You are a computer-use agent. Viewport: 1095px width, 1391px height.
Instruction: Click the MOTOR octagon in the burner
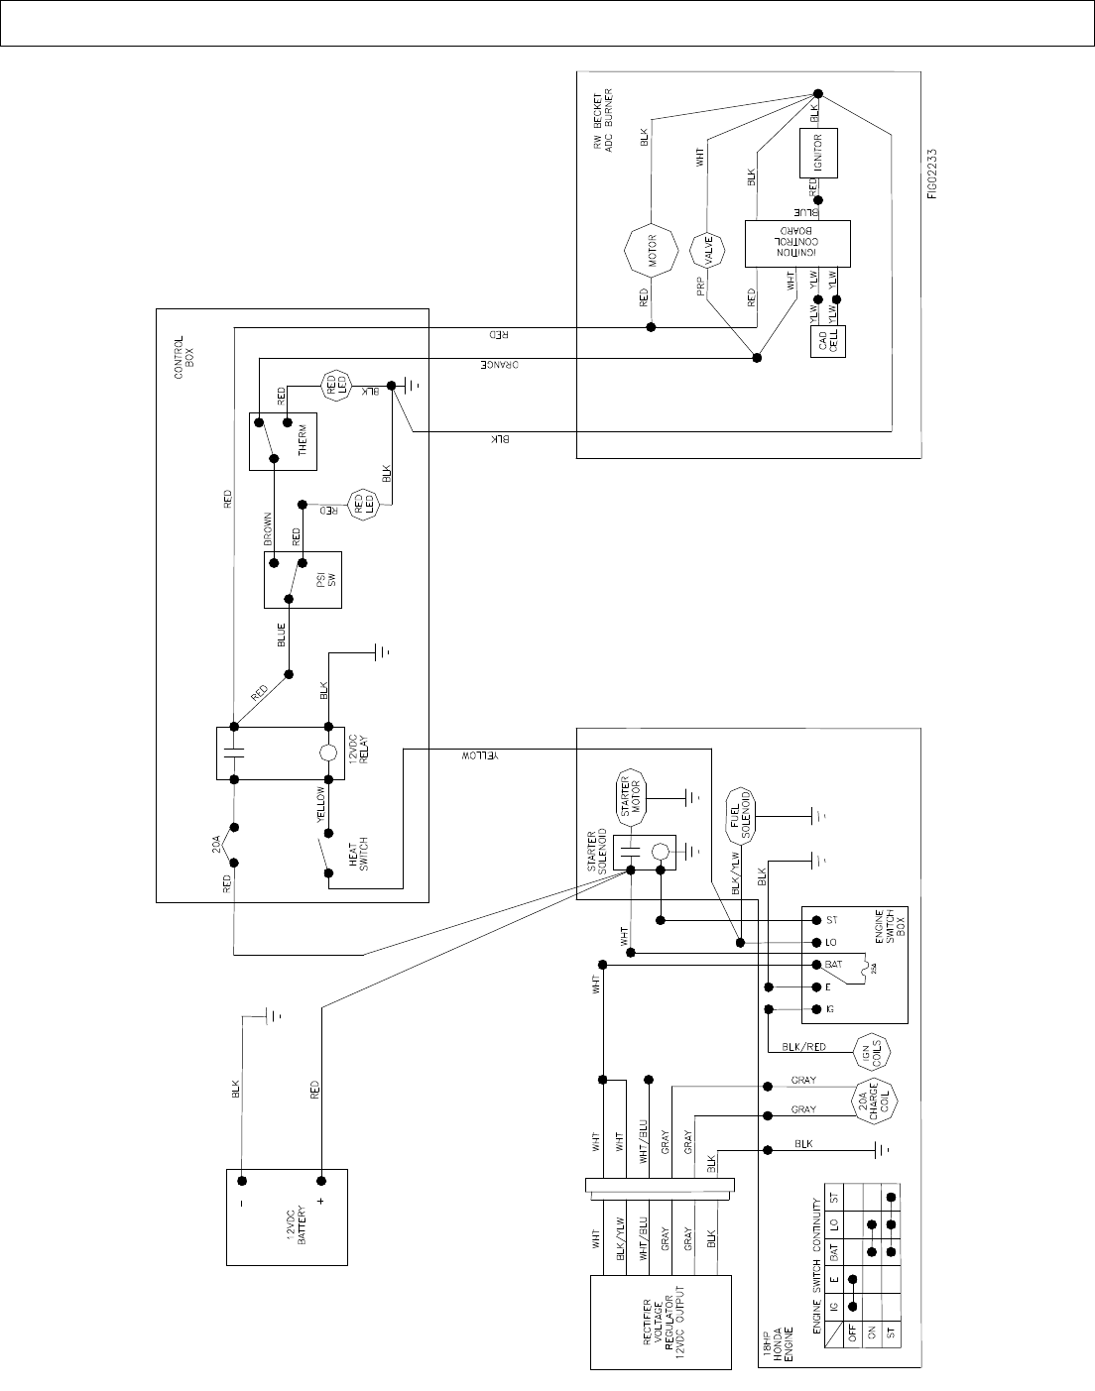tap(650, 252)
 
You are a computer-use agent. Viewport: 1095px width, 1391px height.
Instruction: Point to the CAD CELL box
tap(831, 343)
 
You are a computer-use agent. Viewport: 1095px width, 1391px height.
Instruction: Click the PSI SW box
tap(303, 579)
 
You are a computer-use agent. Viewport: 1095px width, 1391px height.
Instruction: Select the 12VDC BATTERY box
tap(288, 1217)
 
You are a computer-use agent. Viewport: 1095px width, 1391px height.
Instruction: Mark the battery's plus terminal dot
tap(320, 1181)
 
